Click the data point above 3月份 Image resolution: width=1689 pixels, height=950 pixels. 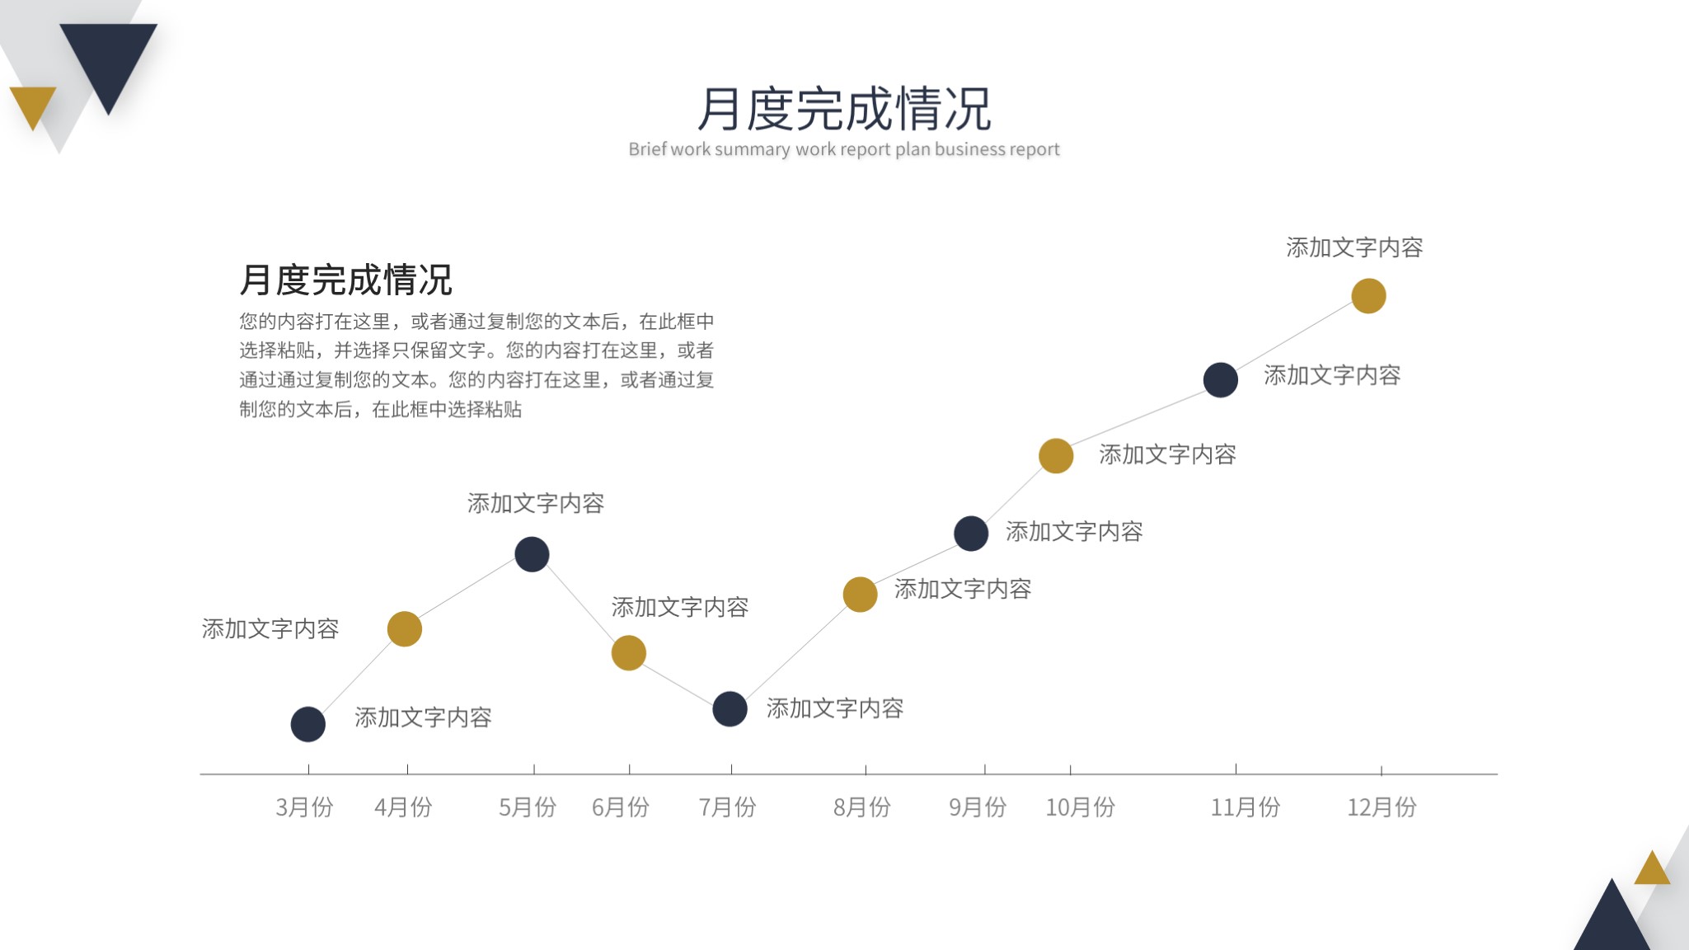(x=308, y=724)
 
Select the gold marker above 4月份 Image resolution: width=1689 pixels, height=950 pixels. (x=405, y=629)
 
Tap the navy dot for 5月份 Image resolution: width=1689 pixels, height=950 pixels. (x=532, y=554)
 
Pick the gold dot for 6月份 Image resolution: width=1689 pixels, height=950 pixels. (x=629, y=653)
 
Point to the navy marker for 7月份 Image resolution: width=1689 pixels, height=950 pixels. (x=730, y=709)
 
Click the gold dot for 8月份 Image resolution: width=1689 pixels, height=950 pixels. (x=860, y=595)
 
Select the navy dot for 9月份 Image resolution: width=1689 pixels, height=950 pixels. (x=971, y=534)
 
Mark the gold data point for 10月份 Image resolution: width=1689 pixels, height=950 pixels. (x=1056, y=456)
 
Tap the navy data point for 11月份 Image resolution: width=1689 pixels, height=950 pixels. (x=1221, y=380)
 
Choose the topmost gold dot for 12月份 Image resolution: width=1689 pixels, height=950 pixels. (x=1368, y=296)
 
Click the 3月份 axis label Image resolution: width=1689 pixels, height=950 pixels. (x=304, y=807)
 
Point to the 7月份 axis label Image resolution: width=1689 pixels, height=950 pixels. (x=727, y=807)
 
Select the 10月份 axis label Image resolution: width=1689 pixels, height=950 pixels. (x=1080, y=807)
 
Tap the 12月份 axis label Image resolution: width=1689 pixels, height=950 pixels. (x=1382, y=807)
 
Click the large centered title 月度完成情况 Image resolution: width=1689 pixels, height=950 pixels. (x=844, y=109)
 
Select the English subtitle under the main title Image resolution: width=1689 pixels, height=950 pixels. (x=844, y=149)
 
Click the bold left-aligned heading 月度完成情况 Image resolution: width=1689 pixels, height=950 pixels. (x=346, y=280)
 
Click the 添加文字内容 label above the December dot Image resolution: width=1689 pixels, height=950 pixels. (x=1354, y=247)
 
